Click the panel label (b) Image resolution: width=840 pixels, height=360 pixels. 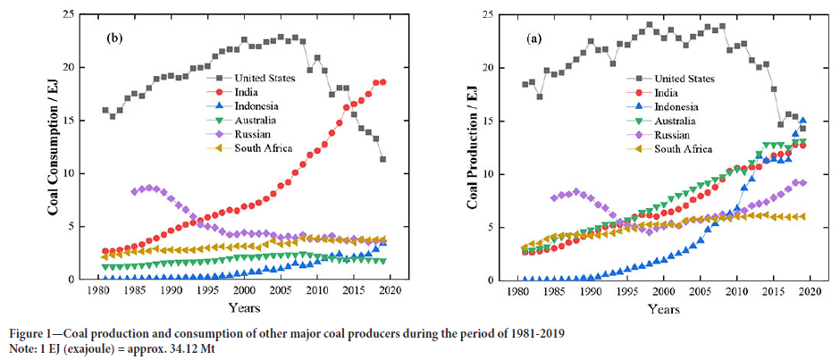coord(114,38)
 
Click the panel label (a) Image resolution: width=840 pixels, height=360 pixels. coord(533,38)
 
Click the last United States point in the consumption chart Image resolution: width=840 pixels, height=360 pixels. coord(382,160)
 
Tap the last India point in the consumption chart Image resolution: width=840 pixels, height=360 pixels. coord(382,82)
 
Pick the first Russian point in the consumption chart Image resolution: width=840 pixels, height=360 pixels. coord(134,191)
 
